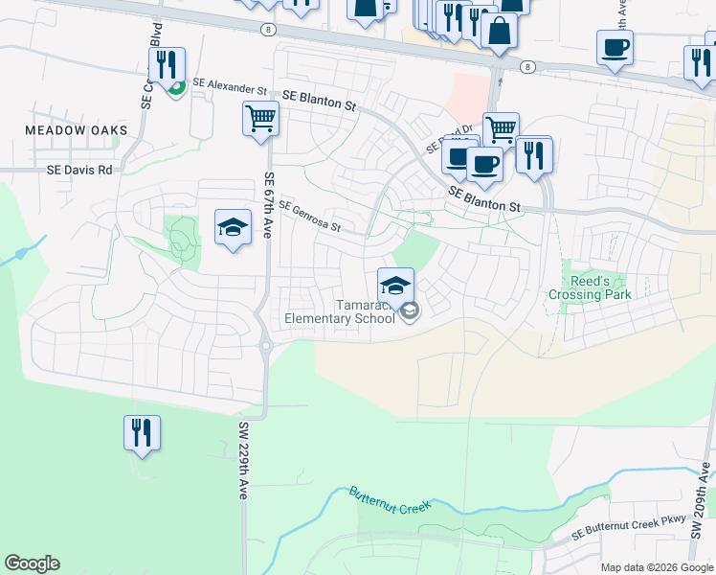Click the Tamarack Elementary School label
pyautogui.click(x=340, y=312)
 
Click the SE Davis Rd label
pyautogui.click(x=79, y=170)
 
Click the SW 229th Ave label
pyautogui.click(x=243, y=460)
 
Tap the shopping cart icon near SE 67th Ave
pyautogui.click(x=260, y=121)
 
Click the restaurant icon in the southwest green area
pyautogui.click(x=142, y=433)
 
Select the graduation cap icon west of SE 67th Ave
pyautogui.click(x=233, y=228)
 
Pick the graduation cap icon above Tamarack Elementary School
pyautogui.click(x=395, y=285)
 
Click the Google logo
pyautogui.click(x=32, y=563)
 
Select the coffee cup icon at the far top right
pyautogui.click(x=615, y=47)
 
